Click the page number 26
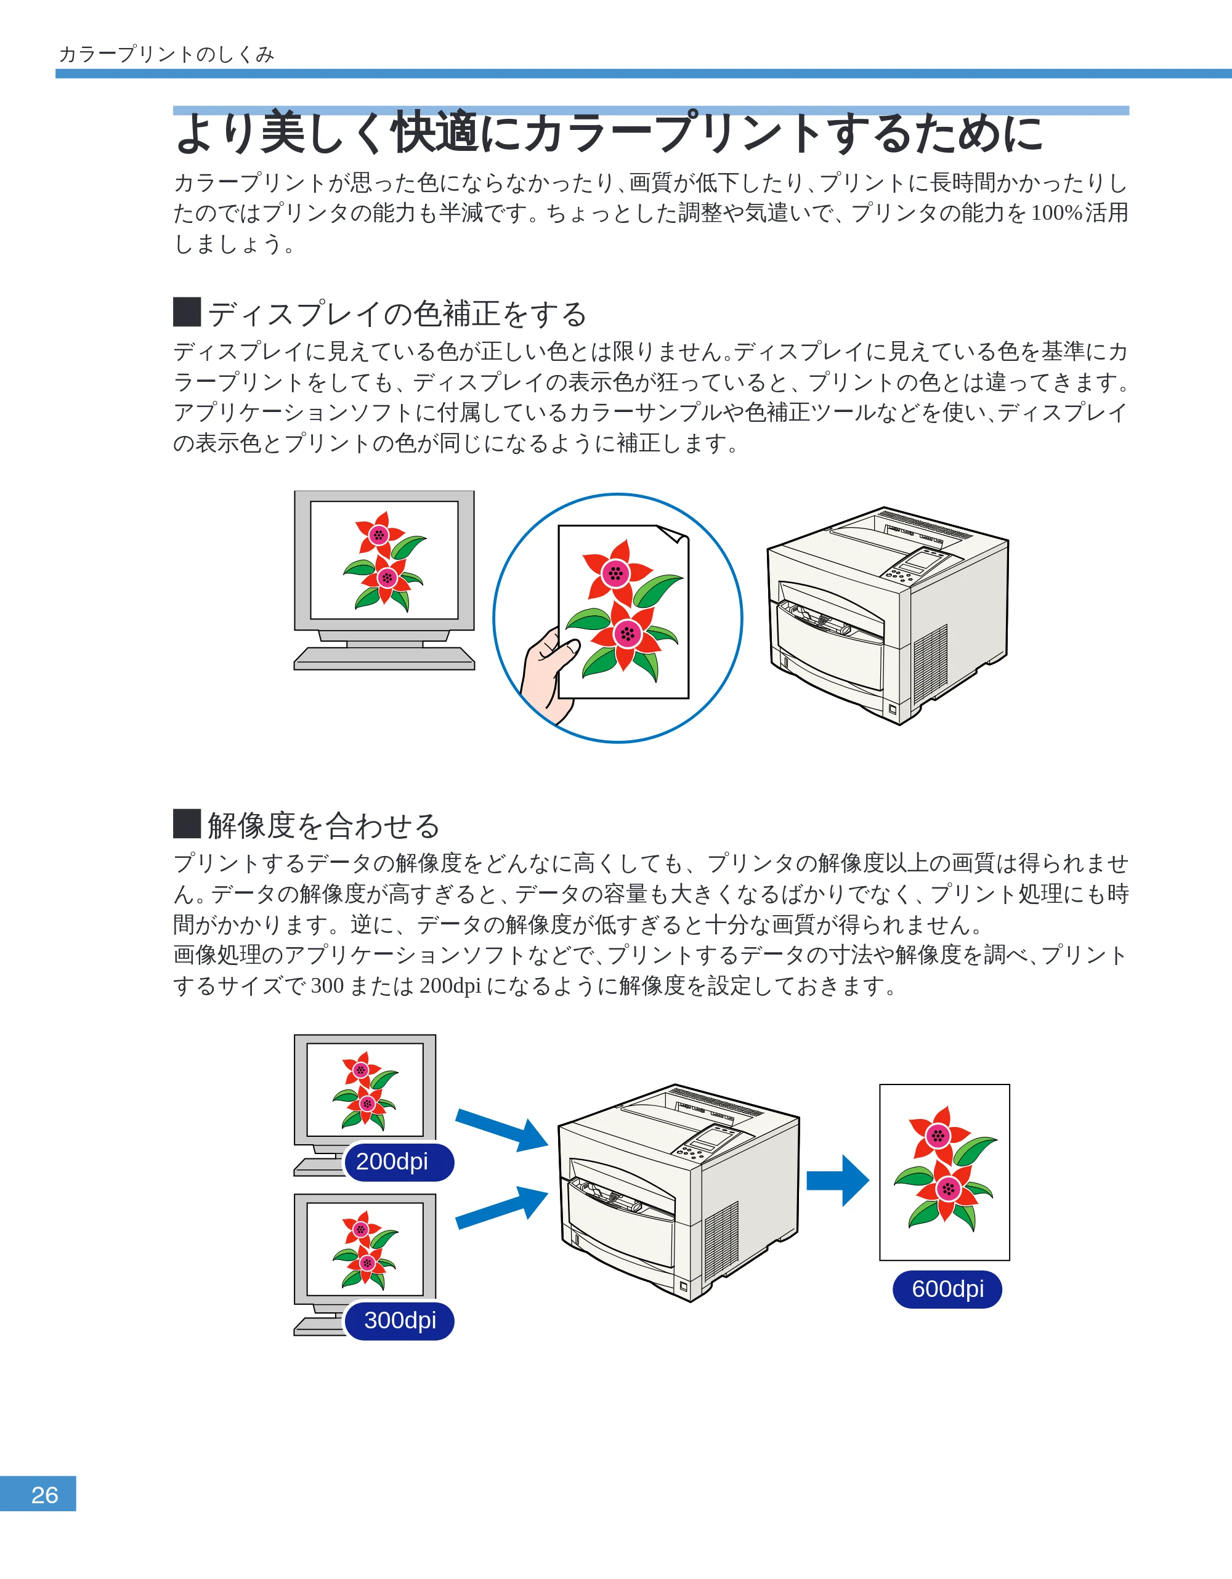click(x=45, y=1495)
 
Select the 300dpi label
click(x=399, y=1320)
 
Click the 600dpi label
click(x=947, y=1289)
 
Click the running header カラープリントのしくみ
click(x=166, y=54)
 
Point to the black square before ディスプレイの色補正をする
click(x=187, y=312)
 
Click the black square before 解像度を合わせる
click(x=187, y=823)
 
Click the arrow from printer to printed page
click(x=837, y=1180)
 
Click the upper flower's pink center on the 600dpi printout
click(x=938, y=1136)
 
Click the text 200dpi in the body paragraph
click(x=450, y=985)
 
